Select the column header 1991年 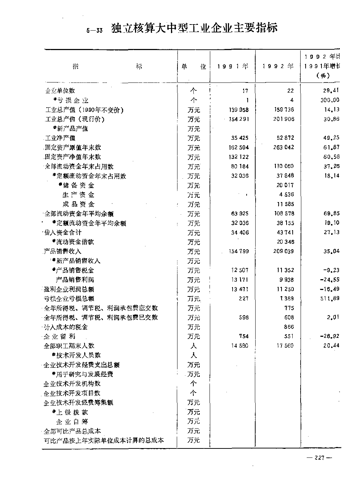click(233, 66)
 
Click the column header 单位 click(194, 67)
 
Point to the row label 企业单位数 click(60, 91)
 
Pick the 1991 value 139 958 click(238, 110)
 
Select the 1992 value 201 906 click(284, 119)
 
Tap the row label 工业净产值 click(60, 138)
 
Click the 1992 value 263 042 click(284, 147)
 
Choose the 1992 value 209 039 click(284, 251)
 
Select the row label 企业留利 click(60, 336)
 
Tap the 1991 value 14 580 click(238, 346)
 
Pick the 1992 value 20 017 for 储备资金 click(285, 185)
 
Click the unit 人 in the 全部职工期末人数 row click(194, 346)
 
